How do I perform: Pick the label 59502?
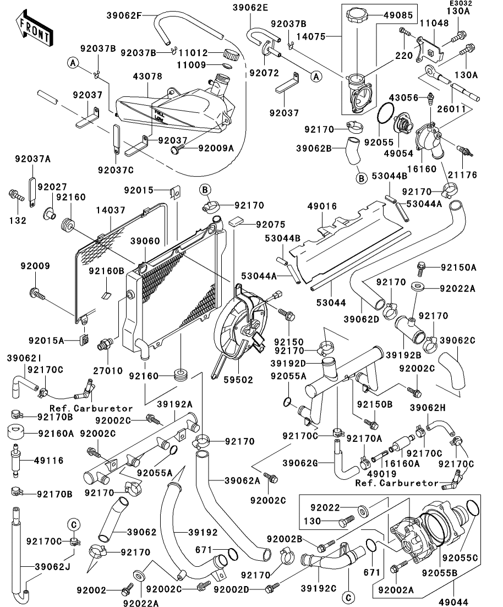pyautogui.click(x=239, y=380)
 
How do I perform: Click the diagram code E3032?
pyautogui.click(x=462, y=3)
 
